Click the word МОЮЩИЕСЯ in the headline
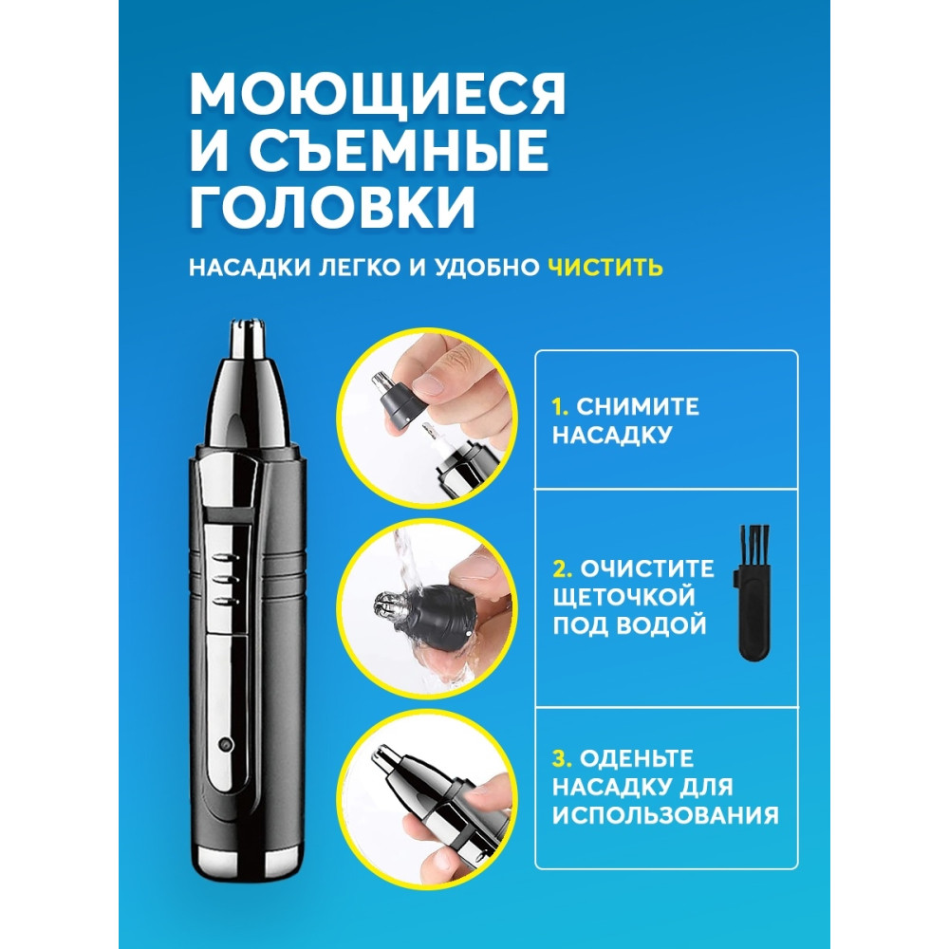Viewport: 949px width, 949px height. point(377,96)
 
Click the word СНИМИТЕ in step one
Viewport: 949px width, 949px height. point(639,407)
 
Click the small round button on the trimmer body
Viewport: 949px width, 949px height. point(225,746)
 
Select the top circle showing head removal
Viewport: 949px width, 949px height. point(430,415)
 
